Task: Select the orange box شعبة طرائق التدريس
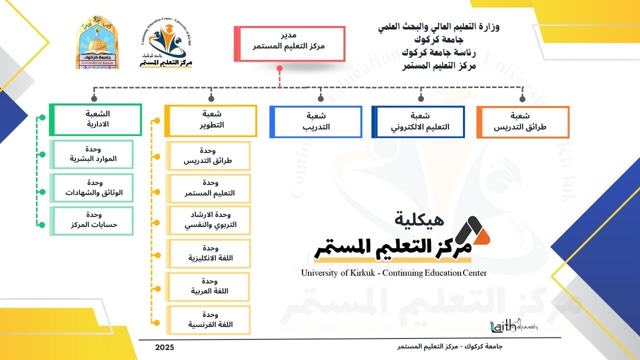(x=523, y=121)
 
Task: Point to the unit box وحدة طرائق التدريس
(x=209, y=156)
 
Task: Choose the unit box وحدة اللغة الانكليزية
(x=209, y=253)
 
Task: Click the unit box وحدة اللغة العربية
(x=209, y=286)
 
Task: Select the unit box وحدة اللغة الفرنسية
(x=209, y=319)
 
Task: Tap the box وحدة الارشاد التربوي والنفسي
(x=209, y=220)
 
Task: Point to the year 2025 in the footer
(x=164, y=347)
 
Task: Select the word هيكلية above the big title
(x=419, y=218)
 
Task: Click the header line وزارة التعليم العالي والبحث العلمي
(x=438, y=27)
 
